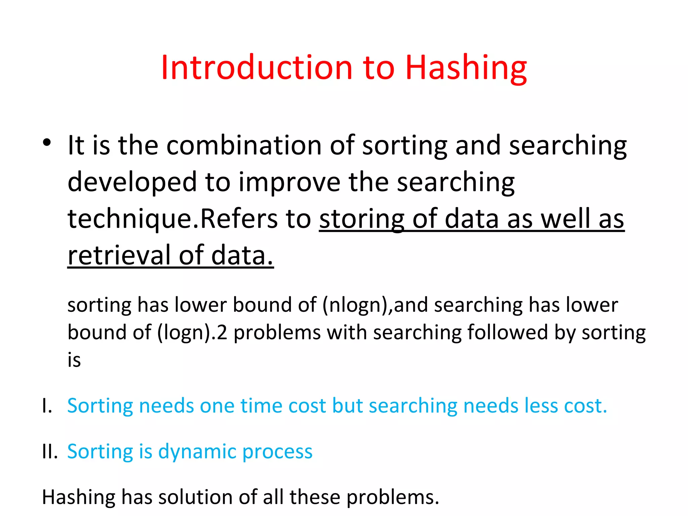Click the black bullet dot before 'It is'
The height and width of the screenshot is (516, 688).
click(x=47, y=142)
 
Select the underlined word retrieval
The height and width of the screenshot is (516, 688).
click(x=119, y=255)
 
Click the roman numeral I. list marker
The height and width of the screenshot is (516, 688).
click(x=47, y=406)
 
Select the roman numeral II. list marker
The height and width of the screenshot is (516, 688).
click(x=50, y=451)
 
